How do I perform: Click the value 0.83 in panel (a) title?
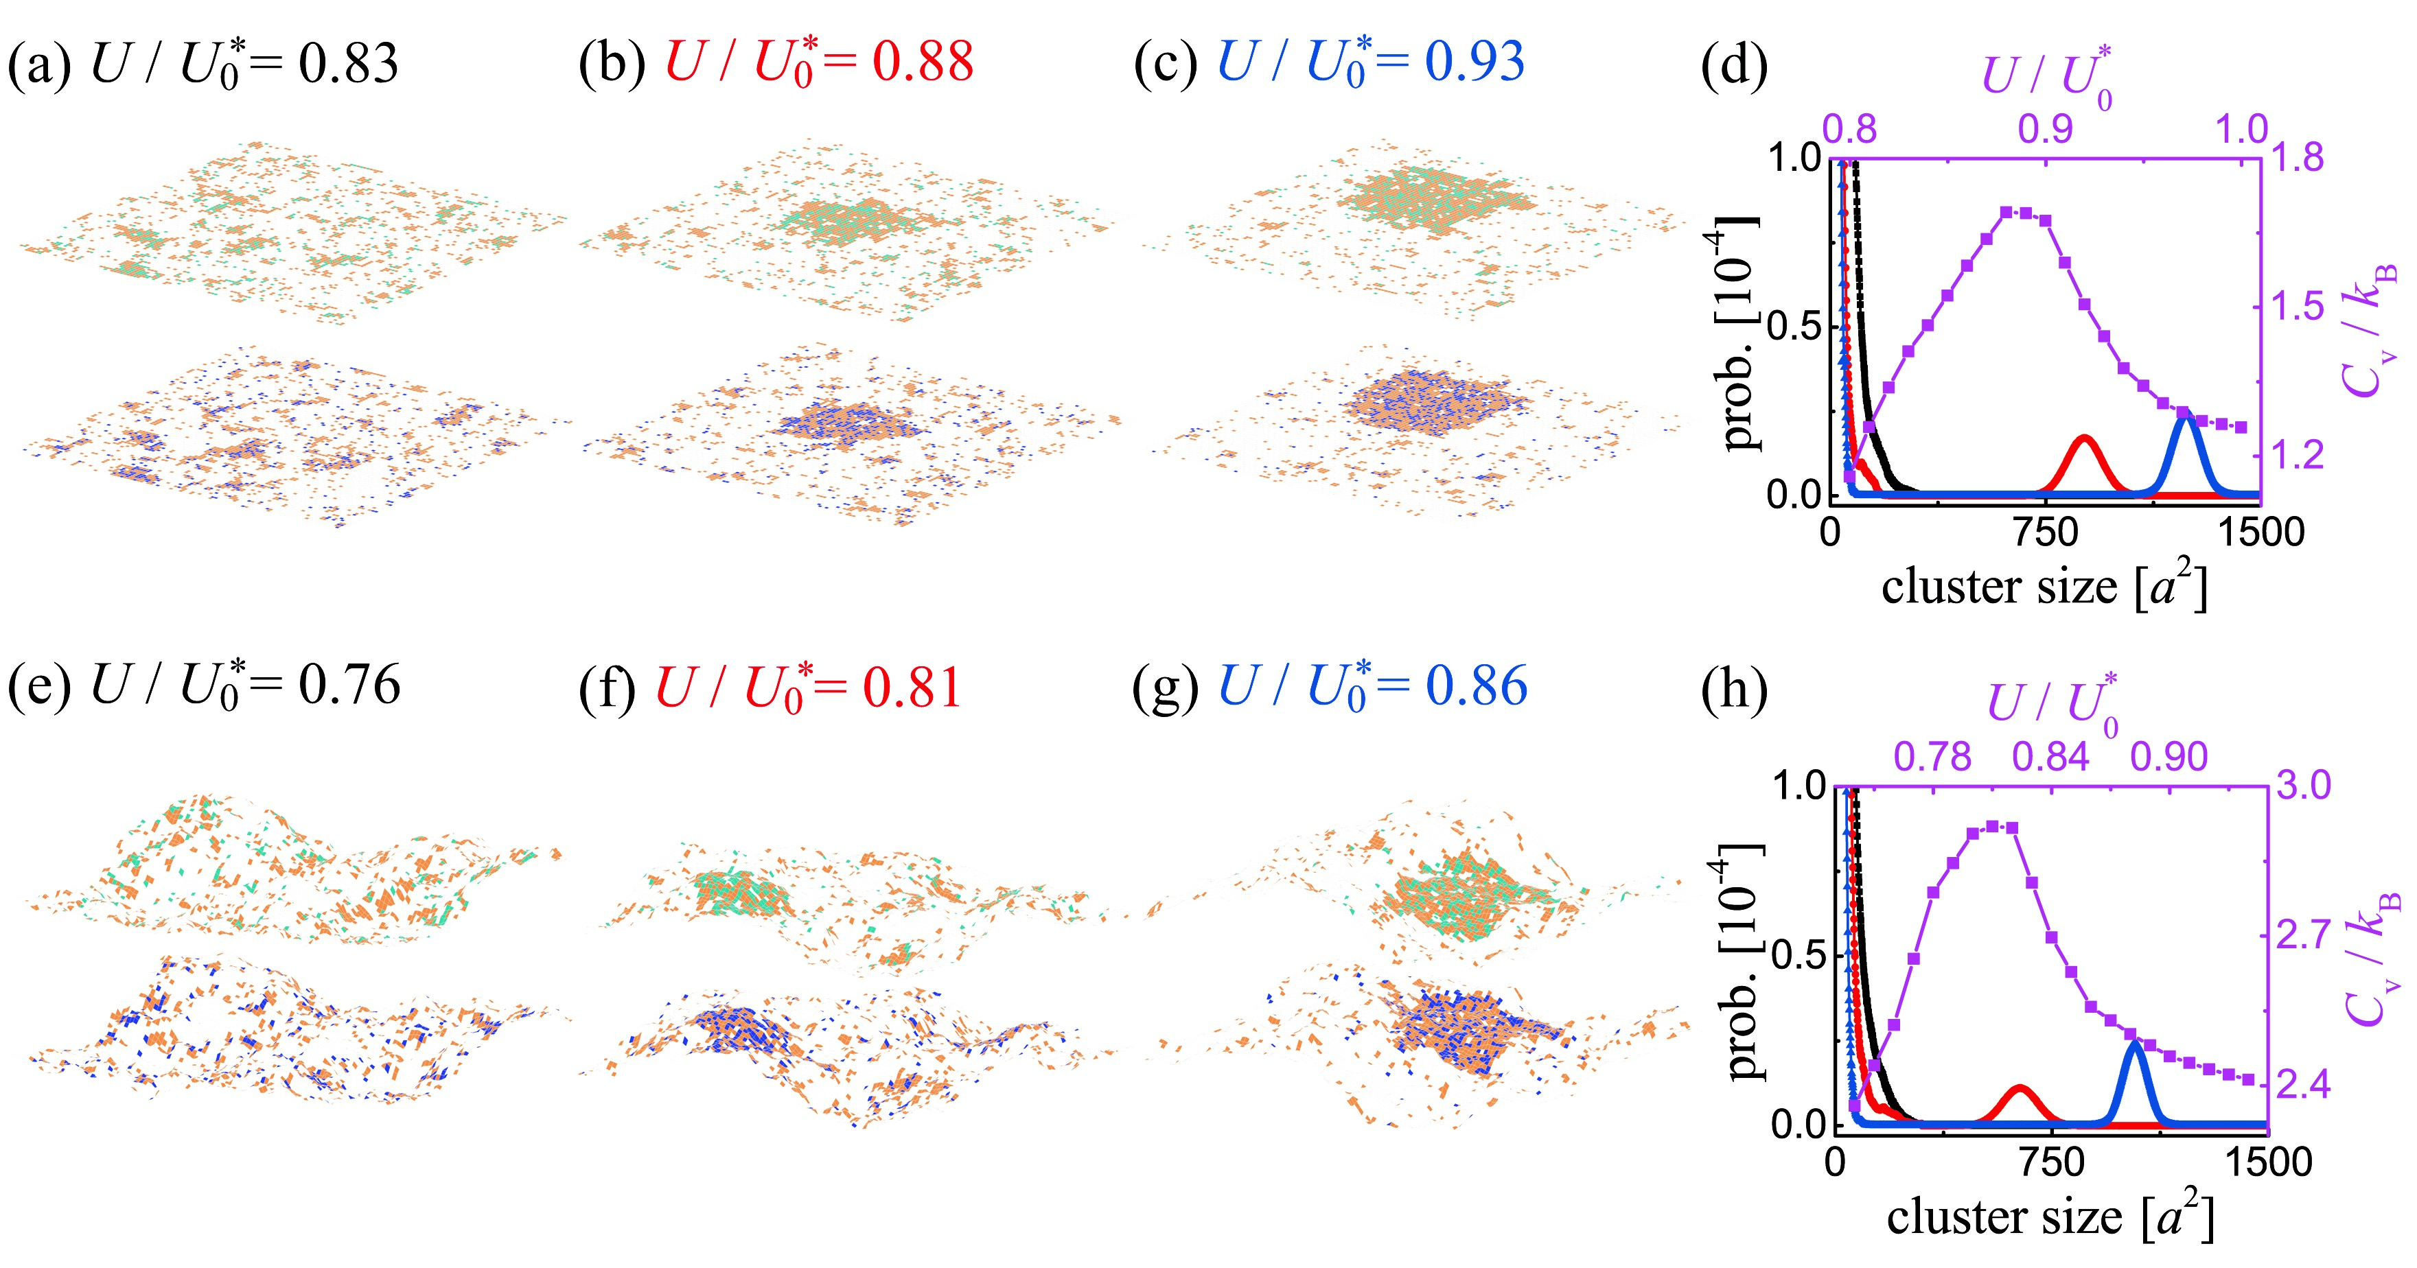point(348,64)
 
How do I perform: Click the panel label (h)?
point(1734,690)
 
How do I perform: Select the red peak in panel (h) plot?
point(2018,1089)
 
